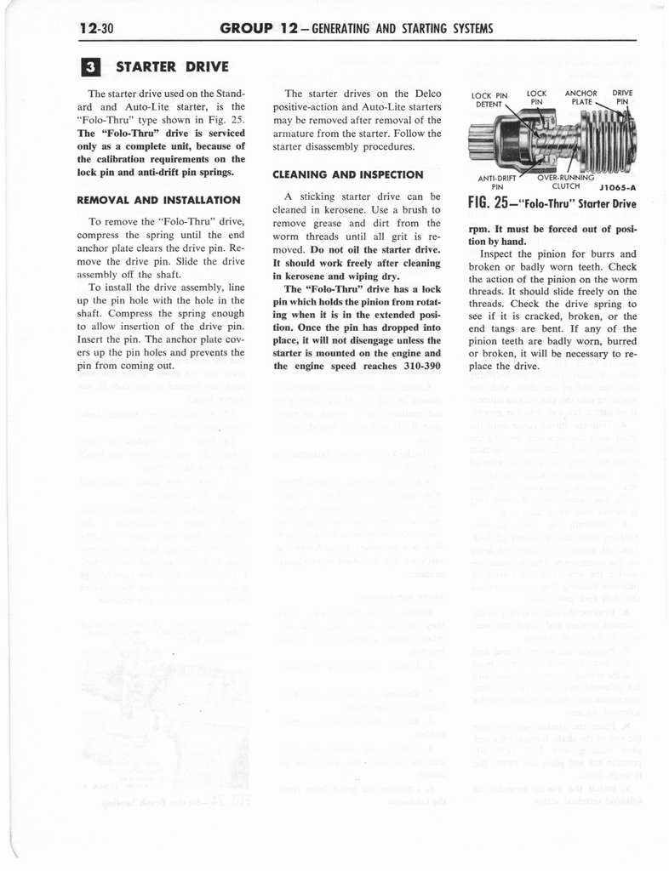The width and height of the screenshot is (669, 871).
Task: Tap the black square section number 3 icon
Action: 96,65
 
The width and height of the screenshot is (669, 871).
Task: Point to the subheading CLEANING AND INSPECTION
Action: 347,174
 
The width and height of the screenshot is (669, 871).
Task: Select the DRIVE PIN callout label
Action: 624,98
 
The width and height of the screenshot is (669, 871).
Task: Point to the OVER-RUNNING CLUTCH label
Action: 566,182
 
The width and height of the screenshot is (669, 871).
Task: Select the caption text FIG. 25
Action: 495,204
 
